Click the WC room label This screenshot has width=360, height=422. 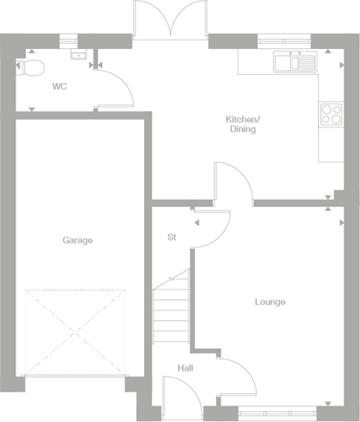coord(59,86)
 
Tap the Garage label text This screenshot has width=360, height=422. coord(78,241)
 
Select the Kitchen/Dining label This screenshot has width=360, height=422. coord(243,124)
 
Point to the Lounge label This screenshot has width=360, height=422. coord(270,301)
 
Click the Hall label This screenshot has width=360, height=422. coord(185,367)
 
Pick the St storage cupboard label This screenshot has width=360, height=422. coord(172,237)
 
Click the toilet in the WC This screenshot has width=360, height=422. coord(32,68)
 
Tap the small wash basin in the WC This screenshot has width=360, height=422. coord(77,55)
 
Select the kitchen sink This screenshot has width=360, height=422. coord(294,61)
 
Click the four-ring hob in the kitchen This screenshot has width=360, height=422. coord(332,114)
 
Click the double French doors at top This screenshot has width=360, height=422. coord(171,19)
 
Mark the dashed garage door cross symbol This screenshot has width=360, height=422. coord(76,332)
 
